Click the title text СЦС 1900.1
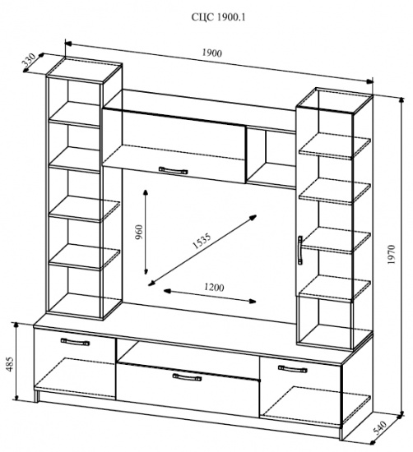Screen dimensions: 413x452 point(219,17)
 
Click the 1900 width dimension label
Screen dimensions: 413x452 point(211,53)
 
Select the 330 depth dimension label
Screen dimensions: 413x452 point(29,60)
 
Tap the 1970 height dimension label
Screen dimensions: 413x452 point(392,255)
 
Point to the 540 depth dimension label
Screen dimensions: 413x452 point(380,428)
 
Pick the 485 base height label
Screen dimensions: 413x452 point(10,364)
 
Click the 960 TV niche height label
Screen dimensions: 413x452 point(139,233)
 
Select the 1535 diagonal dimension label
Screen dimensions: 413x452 point(202,240)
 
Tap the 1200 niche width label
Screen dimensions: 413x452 point(214,288)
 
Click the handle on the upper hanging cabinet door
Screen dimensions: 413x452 point(173,170)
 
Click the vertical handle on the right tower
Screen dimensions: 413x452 point(300,250)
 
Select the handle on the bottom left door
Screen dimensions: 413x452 point(76,342)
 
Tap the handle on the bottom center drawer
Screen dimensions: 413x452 point(187,377)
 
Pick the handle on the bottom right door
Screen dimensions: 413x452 point(292,369)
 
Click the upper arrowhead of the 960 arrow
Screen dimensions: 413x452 point(146,192)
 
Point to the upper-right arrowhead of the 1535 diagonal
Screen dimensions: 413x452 point(253,217)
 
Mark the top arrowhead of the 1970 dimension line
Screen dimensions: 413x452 point(401,100)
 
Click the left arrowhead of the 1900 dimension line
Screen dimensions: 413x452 point(68,44)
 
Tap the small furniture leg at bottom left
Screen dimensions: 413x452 point(36,396)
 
